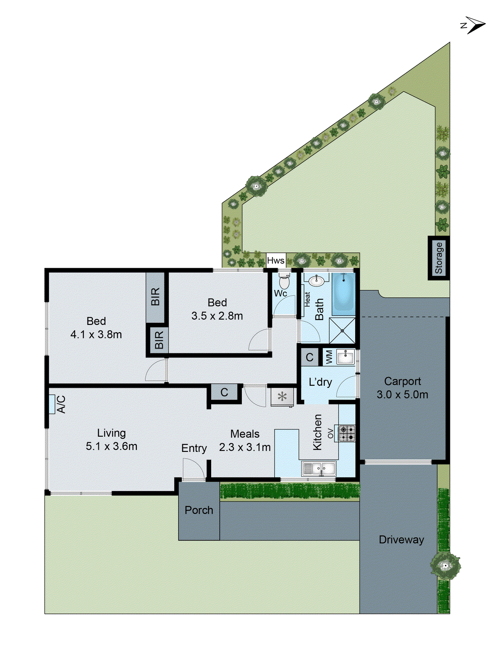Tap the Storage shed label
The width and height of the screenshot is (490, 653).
pos(439,258)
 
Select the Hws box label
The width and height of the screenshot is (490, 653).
pos(276,261)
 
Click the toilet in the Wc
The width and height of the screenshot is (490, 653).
pos(284,281)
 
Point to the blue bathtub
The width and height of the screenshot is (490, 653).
pos(343,294)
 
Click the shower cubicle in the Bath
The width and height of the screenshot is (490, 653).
pos(342,330)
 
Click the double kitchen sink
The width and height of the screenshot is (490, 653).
pos(319,469)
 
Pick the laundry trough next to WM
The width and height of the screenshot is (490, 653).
pos(345,358)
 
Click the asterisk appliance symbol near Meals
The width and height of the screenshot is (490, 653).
pos(282,397)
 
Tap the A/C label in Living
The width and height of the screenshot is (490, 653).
pos(61,404)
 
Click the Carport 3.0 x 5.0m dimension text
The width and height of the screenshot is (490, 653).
pos(402,395)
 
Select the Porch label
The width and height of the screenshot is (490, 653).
pos(199,510)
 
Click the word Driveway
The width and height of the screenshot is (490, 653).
pos(401,540)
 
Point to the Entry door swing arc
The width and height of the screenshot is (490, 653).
pos(193,469)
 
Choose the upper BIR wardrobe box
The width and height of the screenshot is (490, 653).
pos(155,296)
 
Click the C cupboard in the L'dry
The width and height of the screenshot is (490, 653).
pos(310,358)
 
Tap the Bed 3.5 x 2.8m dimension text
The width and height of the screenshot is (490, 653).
pos(217,316)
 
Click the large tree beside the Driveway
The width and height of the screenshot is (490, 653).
pos(445,565)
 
